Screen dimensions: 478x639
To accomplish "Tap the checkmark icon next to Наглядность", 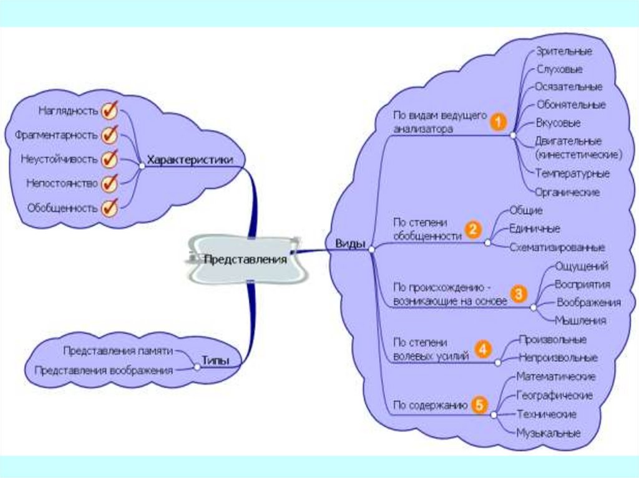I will tap(110, 110).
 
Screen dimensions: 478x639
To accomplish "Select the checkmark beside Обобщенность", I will tap(110, 207).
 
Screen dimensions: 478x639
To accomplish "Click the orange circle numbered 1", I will tap(497, 122).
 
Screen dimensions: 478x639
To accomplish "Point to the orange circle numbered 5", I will tap(479, 405).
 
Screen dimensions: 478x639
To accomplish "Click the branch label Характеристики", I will tap(190, 160).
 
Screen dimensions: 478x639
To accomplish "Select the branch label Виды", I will tap(351, 244).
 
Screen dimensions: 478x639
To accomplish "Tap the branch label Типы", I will tap(215, 360).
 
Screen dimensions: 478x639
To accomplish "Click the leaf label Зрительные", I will tap(564, 51).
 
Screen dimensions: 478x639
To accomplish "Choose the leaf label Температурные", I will tap(572, 173).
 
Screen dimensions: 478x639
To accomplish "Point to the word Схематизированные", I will tap(557, 247).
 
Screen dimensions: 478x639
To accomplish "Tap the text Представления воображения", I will tap(103, 370).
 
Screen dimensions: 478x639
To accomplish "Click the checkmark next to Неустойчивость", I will tap(110, 158).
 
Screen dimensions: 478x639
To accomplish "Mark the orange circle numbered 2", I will tap(473, 229).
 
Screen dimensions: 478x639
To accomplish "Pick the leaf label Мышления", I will tap(580, 321).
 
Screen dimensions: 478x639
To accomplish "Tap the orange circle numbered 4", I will tap(482, 349).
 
